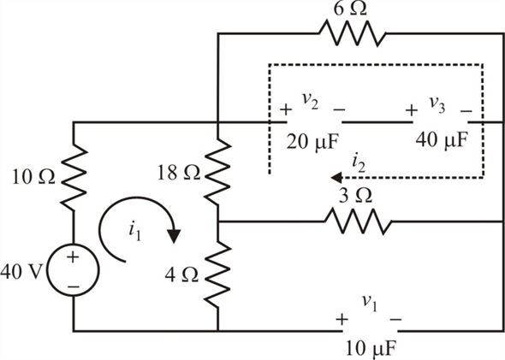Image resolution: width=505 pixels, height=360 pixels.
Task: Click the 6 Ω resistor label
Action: [x=350, y=9]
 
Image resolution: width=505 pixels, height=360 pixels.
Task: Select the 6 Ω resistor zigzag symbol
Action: [x=353, y=32]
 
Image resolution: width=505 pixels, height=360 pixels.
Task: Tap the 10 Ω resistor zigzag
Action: [x=74, y=177]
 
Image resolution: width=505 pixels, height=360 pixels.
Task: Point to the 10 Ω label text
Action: [x=33, y=177]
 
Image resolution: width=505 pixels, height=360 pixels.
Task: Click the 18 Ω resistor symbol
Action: [x=217, y=172]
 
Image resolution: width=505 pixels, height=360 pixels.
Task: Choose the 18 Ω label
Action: [x=179, y=173]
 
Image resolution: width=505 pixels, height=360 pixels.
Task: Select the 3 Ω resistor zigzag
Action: [x=358, y=221]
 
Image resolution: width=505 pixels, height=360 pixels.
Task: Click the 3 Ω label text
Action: [x=355, y=196]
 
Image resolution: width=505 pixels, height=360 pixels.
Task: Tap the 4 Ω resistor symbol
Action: [x=218, y=274]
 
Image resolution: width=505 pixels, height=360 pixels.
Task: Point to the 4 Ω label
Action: [x=181, y=275]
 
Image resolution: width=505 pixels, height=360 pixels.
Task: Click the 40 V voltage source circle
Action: [x=74, y=269]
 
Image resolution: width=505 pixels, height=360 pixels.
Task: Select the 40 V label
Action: [x=21, y=272]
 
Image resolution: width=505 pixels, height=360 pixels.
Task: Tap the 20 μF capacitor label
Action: [x=312, y=142]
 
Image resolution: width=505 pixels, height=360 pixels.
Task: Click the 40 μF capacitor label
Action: [x=441, y=140]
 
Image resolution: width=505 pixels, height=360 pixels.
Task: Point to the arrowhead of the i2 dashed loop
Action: [x=336, y=177]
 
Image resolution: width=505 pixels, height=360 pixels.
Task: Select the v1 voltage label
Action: [x=369, y=303]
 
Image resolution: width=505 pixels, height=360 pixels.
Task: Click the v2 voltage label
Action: [x=310, y=102]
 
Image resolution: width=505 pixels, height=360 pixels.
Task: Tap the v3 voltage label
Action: [x=437, y=104]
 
